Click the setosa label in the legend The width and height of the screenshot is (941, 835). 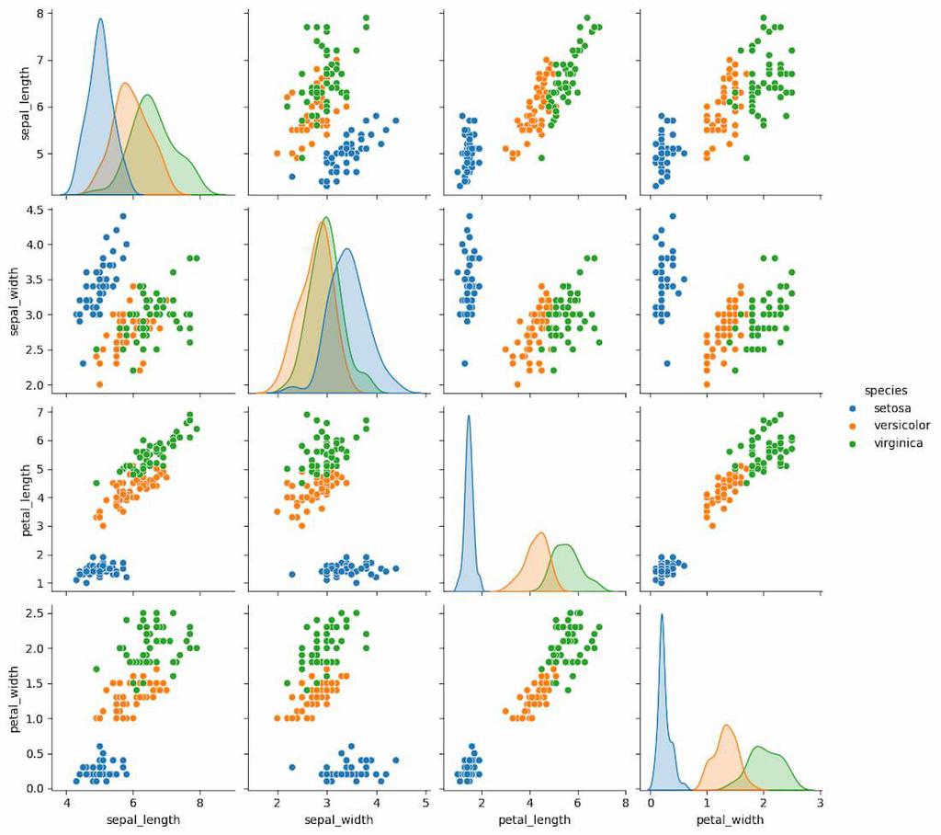coord(893,406)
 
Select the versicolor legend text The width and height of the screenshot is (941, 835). coord(901,425)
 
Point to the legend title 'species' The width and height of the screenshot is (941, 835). coord(884,389)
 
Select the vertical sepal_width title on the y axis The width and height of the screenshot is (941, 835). coord(16,296)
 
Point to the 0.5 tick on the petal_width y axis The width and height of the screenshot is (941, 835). coord(35,754)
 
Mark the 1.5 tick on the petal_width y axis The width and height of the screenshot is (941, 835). coord(35,683)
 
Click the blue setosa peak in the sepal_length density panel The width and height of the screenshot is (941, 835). coord(100,19)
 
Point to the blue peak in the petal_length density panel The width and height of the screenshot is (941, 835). coord(469,417)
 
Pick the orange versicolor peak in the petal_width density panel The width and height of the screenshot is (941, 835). coord(727,726)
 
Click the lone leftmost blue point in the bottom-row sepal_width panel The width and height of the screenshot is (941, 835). coord(292,767)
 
